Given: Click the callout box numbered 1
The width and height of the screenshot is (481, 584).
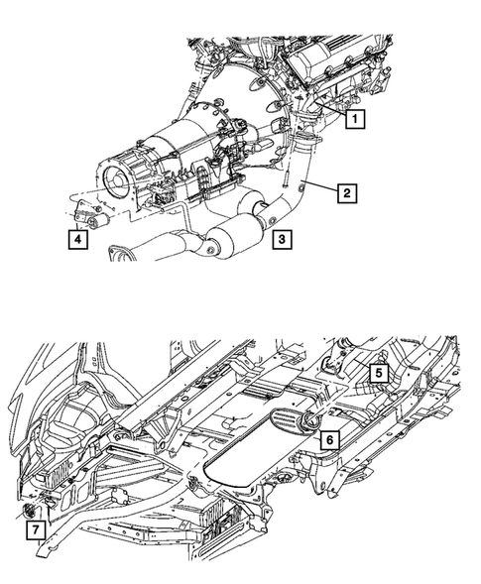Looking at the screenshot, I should click(355, 119).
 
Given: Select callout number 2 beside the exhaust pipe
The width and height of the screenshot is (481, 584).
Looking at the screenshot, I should click(345, 193).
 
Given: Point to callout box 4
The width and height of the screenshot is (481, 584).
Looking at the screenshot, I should click(76, 238).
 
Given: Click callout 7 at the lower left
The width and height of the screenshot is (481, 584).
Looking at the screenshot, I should click(35, 532).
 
